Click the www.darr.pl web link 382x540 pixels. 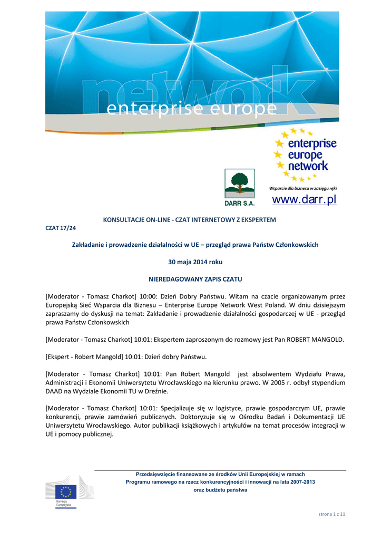304,200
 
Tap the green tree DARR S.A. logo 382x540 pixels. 239,184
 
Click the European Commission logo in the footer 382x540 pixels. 66,491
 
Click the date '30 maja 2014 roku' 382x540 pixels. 195,262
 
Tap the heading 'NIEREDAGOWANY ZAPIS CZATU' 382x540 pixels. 195,278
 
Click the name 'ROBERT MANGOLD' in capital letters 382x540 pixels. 315,340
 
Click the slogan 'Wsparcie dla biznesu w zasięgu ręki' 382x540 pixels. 303,188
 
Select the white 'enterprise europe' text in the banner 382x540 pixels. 191,109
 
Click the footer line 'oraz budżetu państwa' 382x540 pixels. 220,490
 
